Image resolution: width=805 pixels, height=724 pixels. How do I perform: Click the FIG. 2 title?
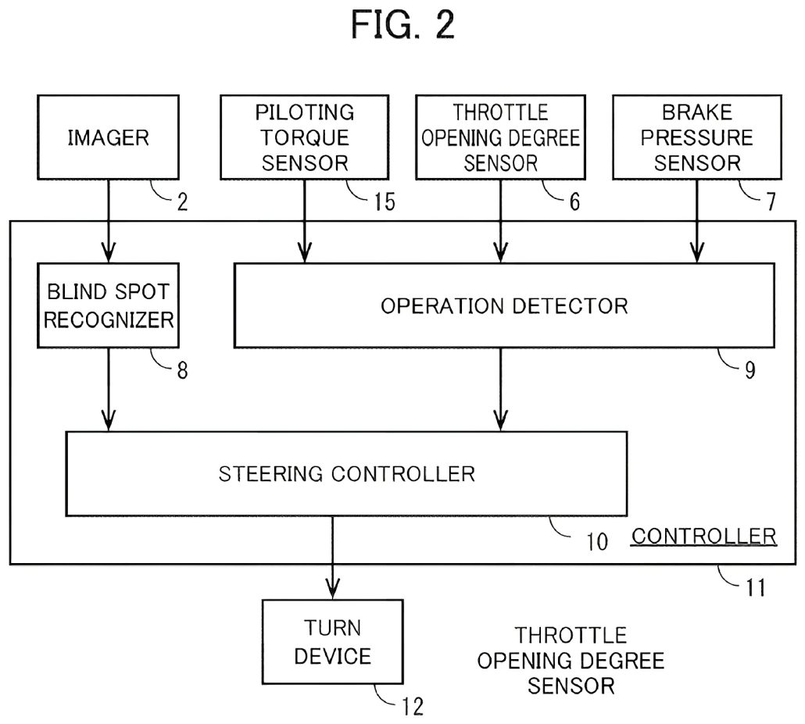pos(402,26)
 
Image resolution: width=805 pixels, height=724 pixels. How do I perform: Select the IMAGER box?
pos(108,138)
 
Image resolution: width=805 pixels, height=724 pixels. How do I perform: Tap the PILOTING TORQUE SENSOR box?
pos(305,137)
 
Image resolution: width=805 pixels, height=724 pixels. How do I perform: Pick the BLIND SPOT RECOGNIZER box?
pos(109,305)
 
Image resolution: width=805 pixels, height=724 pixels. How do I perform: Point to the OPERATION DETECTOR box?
pos(504,305)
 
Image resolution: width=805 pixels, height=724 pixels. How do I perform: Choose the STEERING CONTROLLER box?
pos(346,473)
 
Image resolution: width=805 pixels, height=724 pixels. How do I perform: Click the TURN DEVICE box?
pos(333,642)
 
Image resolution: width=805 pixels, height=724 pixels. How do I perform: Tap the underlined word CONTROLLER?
pos(703,537)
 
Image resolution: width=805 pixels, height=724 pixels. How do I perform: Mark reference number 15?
pos(383,202)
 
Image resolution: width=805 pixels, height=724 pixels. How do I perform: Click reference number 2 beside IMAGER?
pos(182,202)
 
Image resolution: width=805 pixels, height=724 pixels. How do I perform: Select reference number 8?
pos(182,370)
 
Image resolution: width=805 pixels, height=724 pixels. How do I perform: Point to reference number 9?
pos(750,370)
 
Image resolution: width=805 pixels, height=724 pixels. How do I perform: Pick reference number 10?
pos(596,541)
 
